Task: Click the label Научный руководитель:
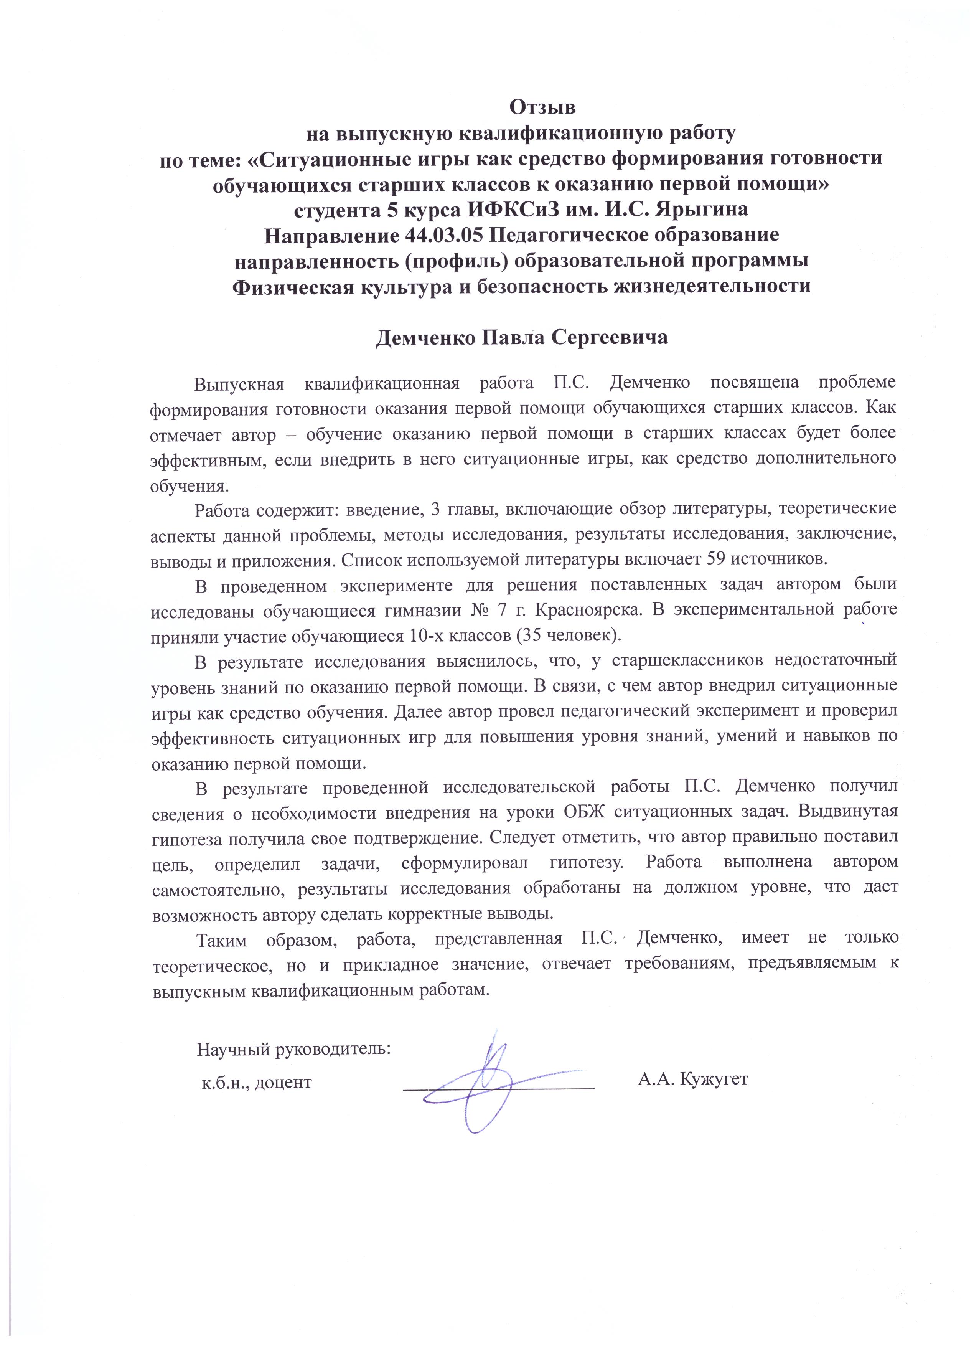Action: [293, 1049]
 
